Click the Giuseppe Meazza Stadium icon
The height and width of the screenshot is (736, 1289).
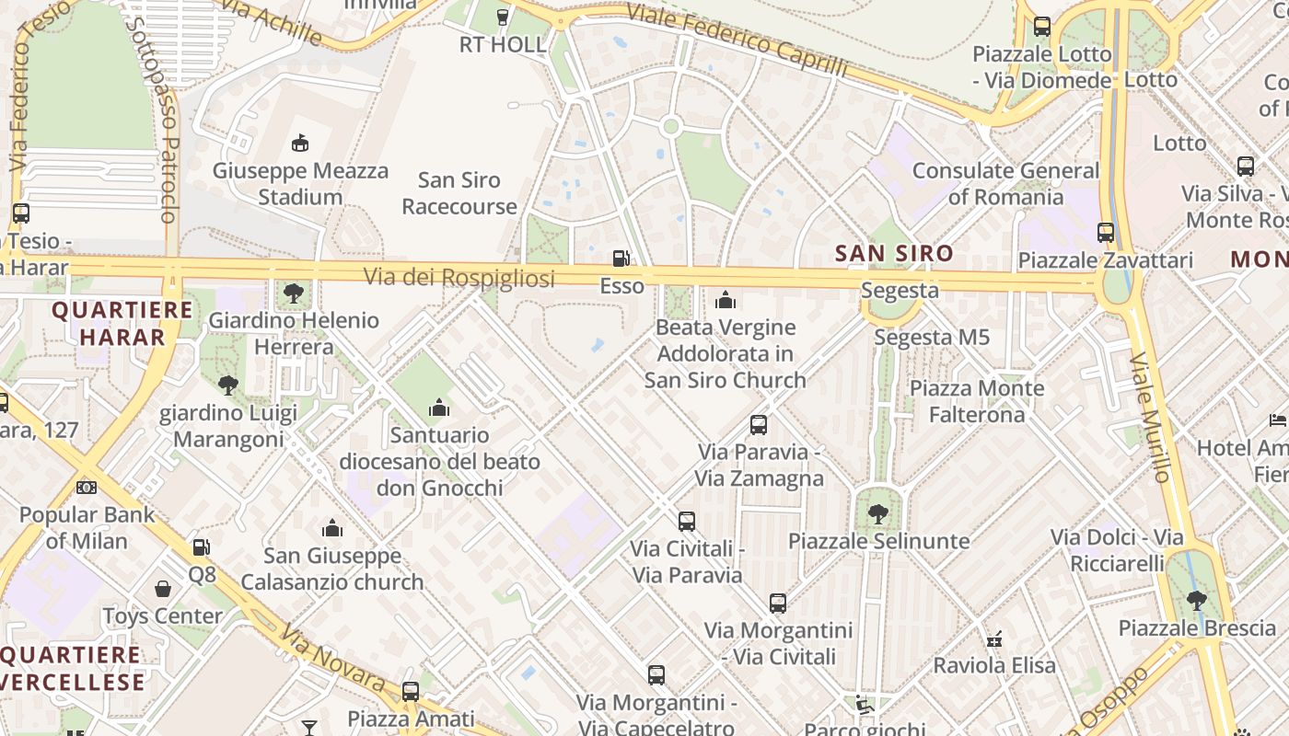pos(300,143)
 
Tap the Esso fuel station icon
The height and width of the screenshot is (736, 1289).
pos(622,259)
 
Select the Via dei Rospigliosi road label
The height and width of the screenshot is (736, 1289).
pos(459,277)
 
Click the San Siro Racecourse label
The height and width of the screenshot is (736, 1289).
pos(459,193)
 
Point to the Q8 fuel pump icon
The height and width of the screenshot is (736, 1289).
pos(201,547)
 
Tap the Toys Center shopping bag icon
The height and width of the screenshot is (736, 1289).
pos(163,589)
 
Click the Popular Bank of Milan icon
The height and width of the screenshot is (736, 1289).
pos(87,487)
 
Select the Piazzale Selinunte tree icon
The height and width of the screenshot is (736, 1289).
pos(878,513)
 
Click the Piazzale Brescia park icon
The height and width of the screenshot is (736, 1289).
pos(1196,601)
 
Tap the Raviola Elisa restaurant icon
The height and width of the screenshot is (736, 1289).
pos(993,638)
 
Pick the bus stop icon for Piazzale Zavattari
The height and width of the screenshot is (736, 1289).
pos(1106,233)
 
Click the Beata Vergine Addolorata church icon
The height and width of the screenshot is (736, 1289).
pos(726,300)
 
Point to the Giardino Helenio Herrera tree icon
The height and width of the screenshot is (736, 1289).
pos(294,293)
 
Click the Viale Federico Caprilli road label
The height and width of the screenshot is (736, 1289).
pos(737,40)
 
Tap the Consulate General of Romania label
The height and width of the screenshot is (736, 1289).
pos(1005,183)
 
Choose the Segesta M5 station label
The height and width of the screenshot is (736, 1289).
pos(932,338)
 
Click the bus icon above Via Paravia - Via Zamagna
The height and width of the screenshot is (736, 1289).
pos(759,425)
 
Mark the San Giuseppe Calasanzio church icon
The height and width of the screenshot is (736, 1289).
pos(332,528)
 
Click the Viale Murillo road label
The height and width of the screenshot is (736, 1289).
pos(1150,416)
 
